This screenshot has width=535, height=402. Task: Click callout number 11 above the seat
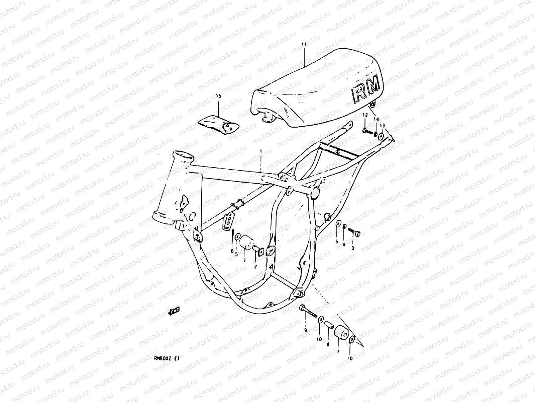[x=305, y=44]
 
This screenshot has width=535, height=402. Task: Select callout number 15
[x=218, y=96]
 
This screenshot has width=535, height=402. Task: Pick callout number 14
[x=376, y=119]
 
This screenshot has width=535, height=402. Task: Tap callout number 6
[x=232, y=251]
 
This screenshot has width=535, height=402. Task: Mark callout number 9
[x=305, y=330]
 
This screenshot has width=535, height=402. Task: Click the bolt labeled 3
[x=354, y=231]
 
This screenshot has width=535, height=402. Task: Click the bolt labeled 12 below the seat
[x=368, y=131]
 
